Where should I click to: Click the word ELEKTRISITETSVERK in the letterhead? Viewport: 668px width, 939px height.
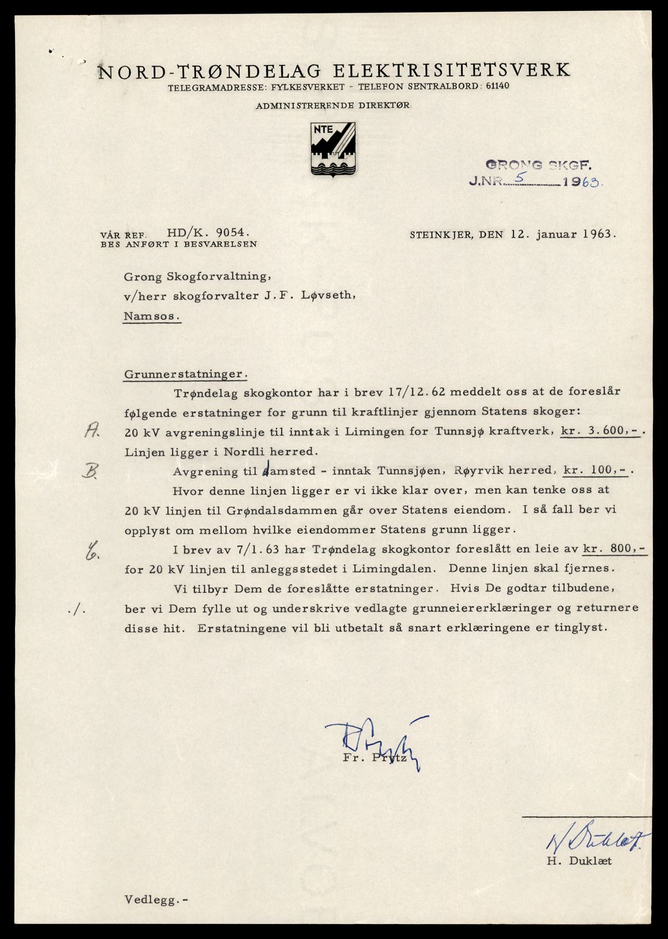pyautogui.click(x=451, y=70)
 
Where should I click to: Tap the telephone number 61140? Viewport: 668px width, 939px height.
pyautogui.click(x=497, y=87)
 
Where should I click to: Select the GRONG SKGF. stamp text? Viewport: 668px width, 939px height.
pyautogui.click(x=538, y=166)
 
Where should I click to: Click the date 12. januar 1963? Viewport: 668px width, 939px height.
pyautogui.click(x=563, y=234)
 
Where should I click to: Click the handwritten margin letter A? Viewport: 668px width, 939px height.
pyautogui.click(x=91, y=431)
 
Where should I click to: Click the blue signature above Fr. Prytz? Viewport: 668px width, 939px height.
pyautogui.click(x=373, y=740)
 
